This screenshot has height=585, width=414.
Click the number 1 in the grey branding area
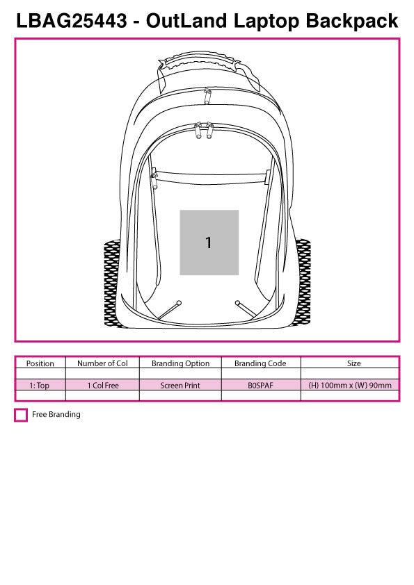tap(208, 242)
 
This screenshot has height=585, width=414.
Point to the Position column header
tap(40, 363)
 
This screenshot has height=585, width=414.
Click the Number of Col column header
tap(102, 363)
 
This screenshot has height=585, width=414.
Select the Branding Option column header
tap(180, 363)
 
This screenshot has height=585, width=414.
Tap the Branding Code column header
tap(260, 363)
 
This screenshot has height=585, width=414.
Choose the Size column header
tap(354, 363)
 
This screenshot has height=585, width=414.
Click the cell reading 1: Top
tap(40, 386)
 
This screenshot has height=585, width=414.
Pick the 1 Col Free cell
tap(102, 386)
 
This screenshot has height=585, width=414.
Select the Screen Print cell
tap(180, 386)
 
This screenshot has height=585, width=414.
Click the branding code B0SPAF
tap(260, 386)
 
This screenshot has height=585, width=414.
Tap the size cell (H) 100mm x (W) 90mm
tap(350, 386)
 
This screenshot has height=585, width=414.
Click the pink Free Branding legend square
tap(21, 415)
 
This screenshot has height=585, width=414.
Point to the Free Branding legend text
tap(56, 415)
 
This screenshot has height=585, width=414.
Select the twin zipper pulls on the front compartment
tap(203, 131)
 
